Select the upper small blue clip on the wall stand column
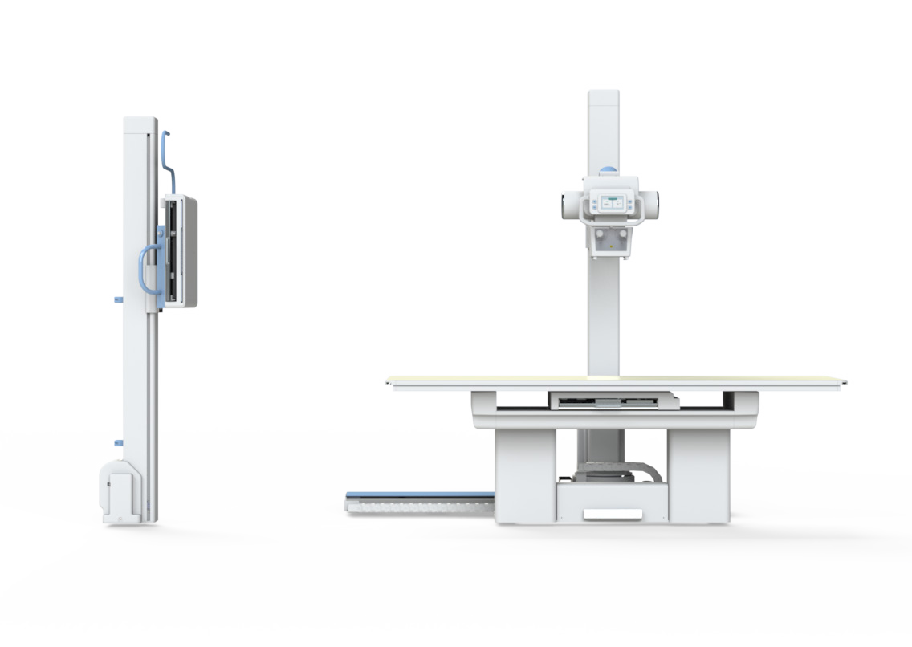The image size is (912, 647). tap(118, 299)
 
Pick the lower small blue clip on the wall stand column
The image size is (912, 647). tap(118, 442)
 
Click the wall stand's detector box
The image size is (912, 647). tap(181, 250)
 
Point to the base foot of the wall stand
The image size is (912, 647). tap(121, 493)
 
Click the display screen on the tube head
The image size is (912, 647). tap(610, 202)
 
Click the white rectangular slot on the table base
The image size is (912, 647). tap(612, 514)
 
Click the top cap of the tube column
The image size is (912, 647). tap(604, 97)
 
